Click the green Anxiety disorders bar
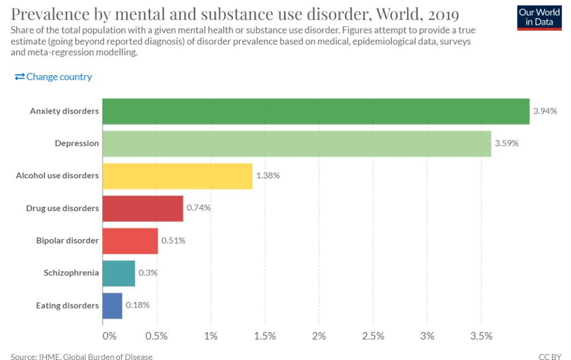316,111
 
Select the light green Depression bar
297,143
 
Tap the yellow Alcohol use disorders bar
177,176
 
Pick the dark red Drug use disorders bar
143,208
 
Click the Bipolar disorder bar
130,241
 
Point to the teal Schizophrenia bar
119,273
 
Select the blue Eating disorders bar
112,305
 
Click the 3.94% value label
545,111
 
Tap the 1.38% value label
268,176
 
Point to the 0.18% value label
138,305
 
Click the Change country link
54,77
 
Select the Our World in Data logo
539,17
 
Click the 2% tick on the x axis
319,336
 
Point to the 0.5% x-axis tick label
157,336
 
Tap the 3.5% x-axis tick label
481,336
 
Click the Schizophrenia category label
71,273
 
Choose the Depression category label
76,143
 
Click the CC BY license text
550,357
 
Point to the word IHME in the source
51,357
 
